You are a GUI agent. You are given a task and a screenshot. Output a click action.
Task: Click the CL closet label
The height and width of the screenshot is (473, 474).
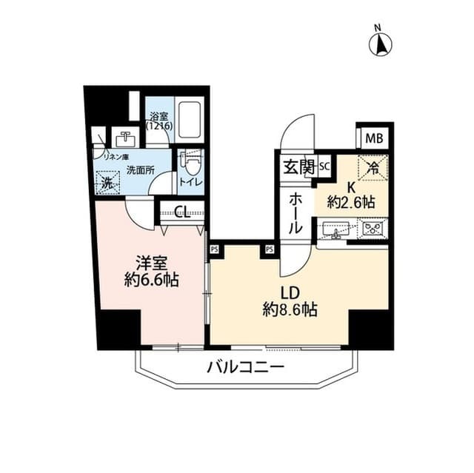pos(182,212)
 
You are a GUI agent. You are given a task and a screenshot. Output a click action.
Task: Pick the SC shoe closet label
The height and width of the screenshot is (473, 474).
pos(324,167)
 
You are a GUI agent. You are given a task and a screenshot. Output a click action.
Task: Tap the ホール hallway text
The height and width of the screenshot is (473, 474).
pos(295,213)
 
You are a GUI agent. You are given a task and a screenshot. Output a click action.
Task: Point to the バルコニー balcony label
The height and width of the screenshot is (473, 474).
pos(245,365)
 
